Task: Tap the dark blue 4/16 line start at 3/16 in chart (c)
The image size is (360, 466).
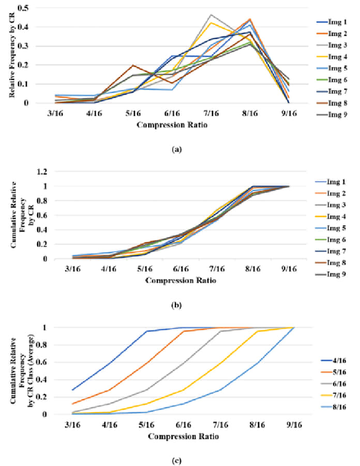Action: pyautogui.click(x=72, y=390)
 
